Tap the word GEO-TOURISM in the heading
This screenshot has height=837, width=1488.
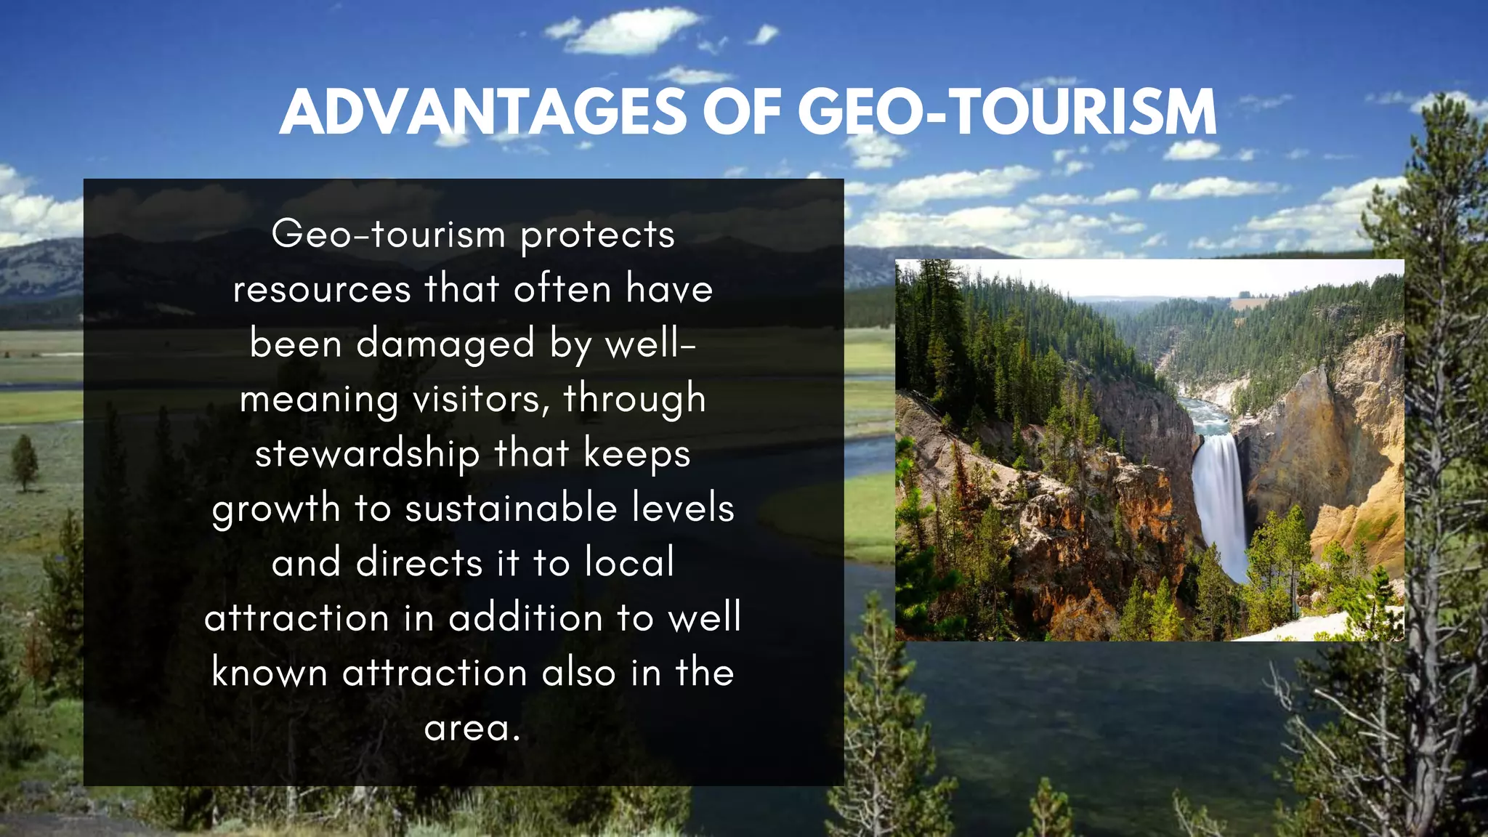coord(1007,113)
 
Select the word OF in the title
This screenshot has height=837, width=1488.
coord(740,113)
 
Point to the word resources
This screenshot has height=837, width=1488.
coord(322,289)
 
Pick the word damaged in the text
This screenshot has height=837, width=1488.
coord(445,344)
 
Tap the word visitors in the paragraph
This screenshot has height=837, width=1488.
coord(480,399)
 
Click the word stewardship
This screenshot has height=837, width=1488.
coord(367,454)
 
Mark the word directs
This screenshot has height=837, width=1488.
coord(419,563)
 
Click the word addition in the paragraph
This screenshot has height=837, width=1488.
coord(525,618)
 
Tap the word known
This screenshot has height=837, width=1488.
coord(270,673)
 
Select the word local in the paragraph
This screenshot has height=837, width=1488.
coord(630,563)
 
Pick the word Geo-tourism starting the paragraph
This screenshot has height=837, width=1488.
coord(388,235)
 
